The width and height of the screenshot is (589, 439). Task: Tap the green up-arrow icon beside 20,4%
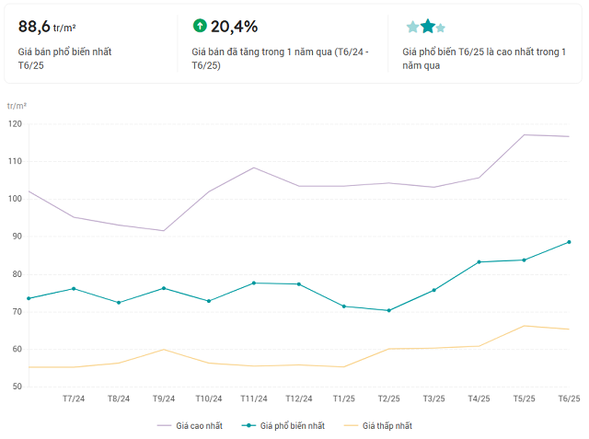click(x=200, y=26)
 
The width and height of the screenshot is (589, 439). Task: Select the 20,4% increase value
click(x=234, y=26)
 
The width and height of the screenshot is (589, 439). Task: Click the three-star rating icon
click(x=426, y=27)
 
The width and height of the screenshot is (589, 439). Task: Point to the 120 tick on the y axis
click(x=15, y=123)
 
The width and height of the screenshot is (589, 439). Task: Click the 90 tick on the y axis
click(x=15, y=237)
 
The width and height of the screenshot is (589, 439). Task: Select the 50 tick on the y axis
click(x=15, y=387)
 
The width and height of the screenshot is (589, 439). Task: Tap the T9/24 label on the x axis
click(x=164, y=399)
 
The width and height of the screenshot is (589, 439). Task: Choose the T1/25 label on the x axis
click(x=343, y=399)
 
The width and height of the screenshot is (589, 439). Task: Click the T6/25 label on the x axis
click(x=569, y=399)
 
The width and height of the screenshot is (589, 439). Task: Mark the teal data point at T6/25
click(x=569, y=242)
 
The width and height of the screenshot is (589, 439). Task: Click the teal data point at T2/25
click(x=388, y=310)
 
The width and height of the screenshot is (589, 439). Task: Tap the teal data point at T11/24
click(x=254, y=283)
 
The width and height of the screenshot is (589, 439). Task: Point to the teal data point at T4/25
click(x=479, y=262)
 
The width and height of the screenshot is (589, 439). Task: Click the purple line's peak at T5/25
click(x=524, y=135)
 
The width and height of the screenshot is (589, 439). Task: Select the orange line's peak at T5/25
click(x=524, y=326)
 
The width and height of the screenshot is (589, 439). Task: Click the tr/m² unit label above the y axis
click(x=17, y=107)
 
